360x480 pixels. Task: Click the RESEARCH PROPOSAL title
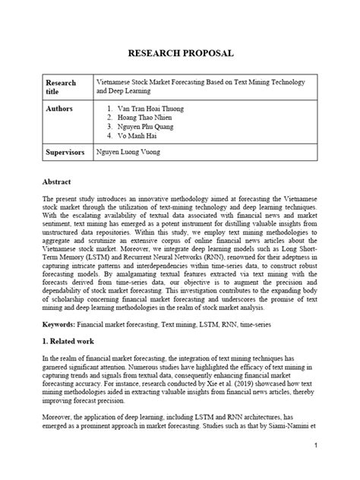[x=180, y=54]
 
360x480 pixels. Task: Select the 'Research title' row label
[x=62, y=84]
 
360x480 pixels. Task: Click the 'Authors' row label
[x=60, y=109]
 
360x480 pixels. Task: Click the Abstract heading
[x=57, y=184]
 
